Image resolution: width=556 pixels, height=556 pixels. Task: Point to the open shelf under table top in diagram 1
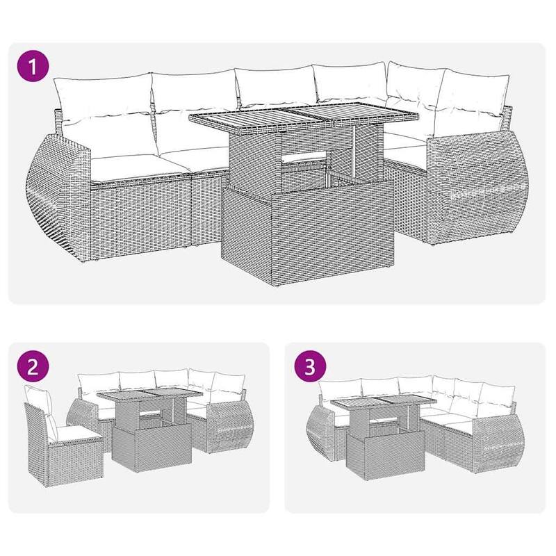(306, 163)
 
